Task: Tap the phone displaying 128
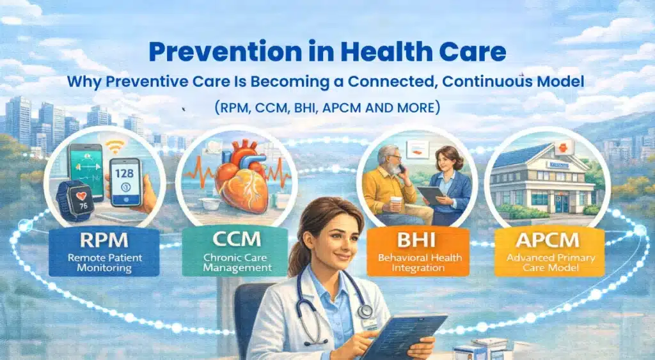click(125, 182)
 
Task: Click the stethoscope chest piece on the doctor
click(365, 312)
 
